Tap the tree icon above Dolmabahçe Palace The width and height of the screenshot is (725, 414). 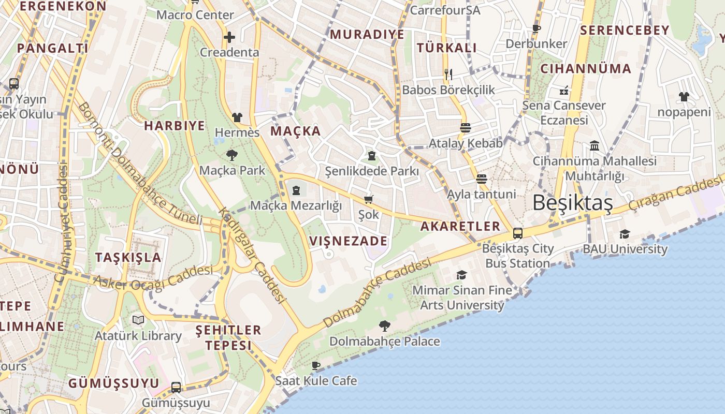(384, 326)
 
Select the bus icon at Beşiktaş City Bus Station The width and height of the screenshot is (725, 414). (517, 233)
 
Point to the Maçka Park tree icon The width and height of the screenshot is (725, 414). (232, 155)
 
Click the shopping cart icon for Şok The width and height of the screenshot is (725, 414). (369, 199)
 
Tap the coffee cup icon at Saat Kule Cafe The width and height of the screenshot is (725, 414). (316, 366)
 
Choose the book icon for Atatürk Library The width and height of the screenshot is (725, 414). (138, 320)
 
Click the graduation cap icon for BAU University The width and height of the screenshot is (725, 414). (625, 234)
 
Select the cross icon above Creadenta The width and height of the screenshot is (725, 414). (229, 37)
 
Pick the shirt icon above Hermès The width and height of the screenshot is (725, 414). (237, 117)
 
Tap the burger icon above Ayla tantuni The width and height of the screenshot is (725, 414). (482, 179)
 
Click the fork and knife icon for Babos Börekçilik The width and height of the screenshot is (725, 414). (448, 75)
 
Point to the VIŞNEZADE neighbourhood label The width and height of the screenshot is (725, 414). (348, 241)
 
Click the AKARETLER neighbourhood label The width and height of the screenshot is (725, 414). (460, 226)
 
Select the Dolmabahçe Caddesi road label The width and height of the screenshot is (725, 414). (377, 292)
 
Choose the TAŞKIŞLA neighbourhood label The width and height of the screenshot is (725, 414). (128, 257)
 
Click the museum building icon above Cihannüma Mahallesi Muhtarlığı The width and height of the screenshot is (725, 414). (594, 146)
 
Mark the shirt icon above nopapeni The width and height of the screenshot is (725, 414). (684, 97)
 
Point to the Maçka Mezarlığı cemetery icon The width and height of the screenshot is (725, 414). (296, 190)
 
